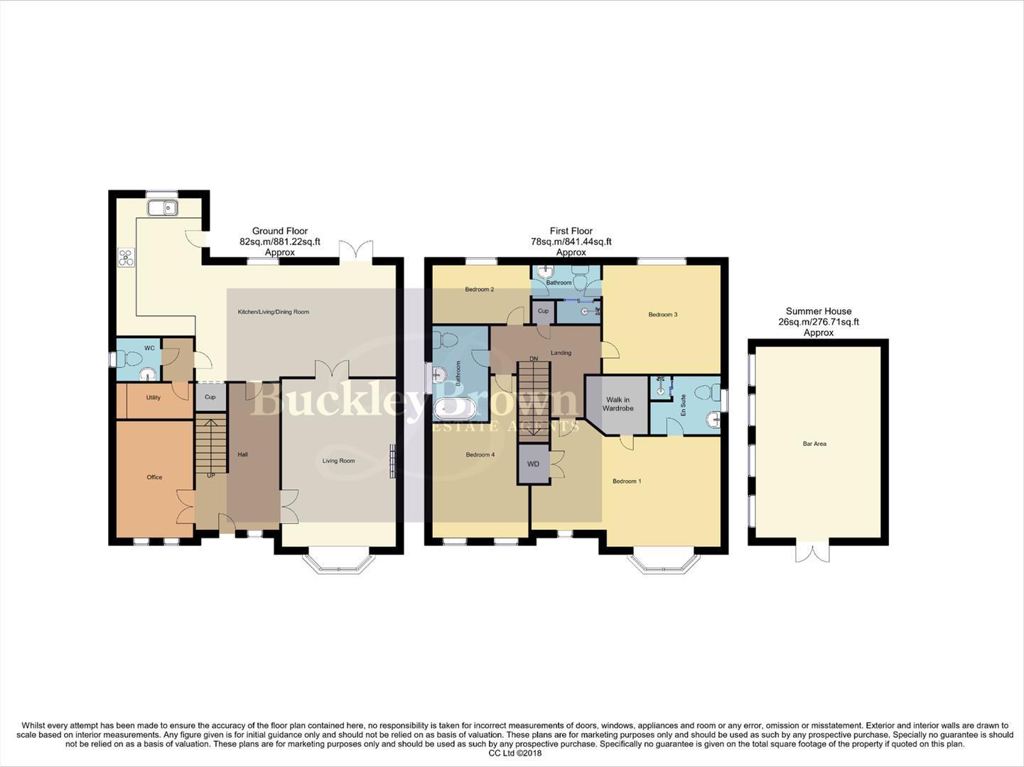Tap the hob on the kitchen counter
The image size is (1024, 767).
[126, 258]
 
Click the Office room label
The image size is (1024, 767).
[154, 477]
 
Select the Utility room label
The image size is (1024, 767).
[153, 398]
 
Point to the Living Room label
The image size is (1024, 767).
[338, 461]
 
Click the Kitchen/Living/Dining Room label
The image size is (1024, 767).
[273, 312]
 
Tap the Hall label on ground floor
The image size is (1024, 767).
[242, 455]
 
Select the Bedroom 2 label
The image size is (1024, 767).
[479, 290]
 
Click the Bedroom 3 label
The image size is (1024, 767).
[662, 315]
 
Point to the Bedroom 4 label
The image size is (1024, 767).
[480, 455]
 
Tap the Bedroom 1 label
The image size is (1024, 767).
[627, 482]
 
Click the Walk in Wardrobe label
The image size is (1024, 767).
[618, 404]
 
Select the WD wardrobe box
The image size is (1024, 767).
[533, 464]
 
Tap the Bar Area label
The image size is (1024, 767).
[814, 444]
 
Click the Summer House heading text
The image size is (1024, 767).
[818, 311]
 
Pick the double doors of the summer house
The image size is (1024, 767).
[812, 552]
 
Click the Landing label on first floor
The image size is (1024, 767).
[561, 353]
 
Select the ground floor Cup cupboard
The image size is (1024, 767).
[210, 397]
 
